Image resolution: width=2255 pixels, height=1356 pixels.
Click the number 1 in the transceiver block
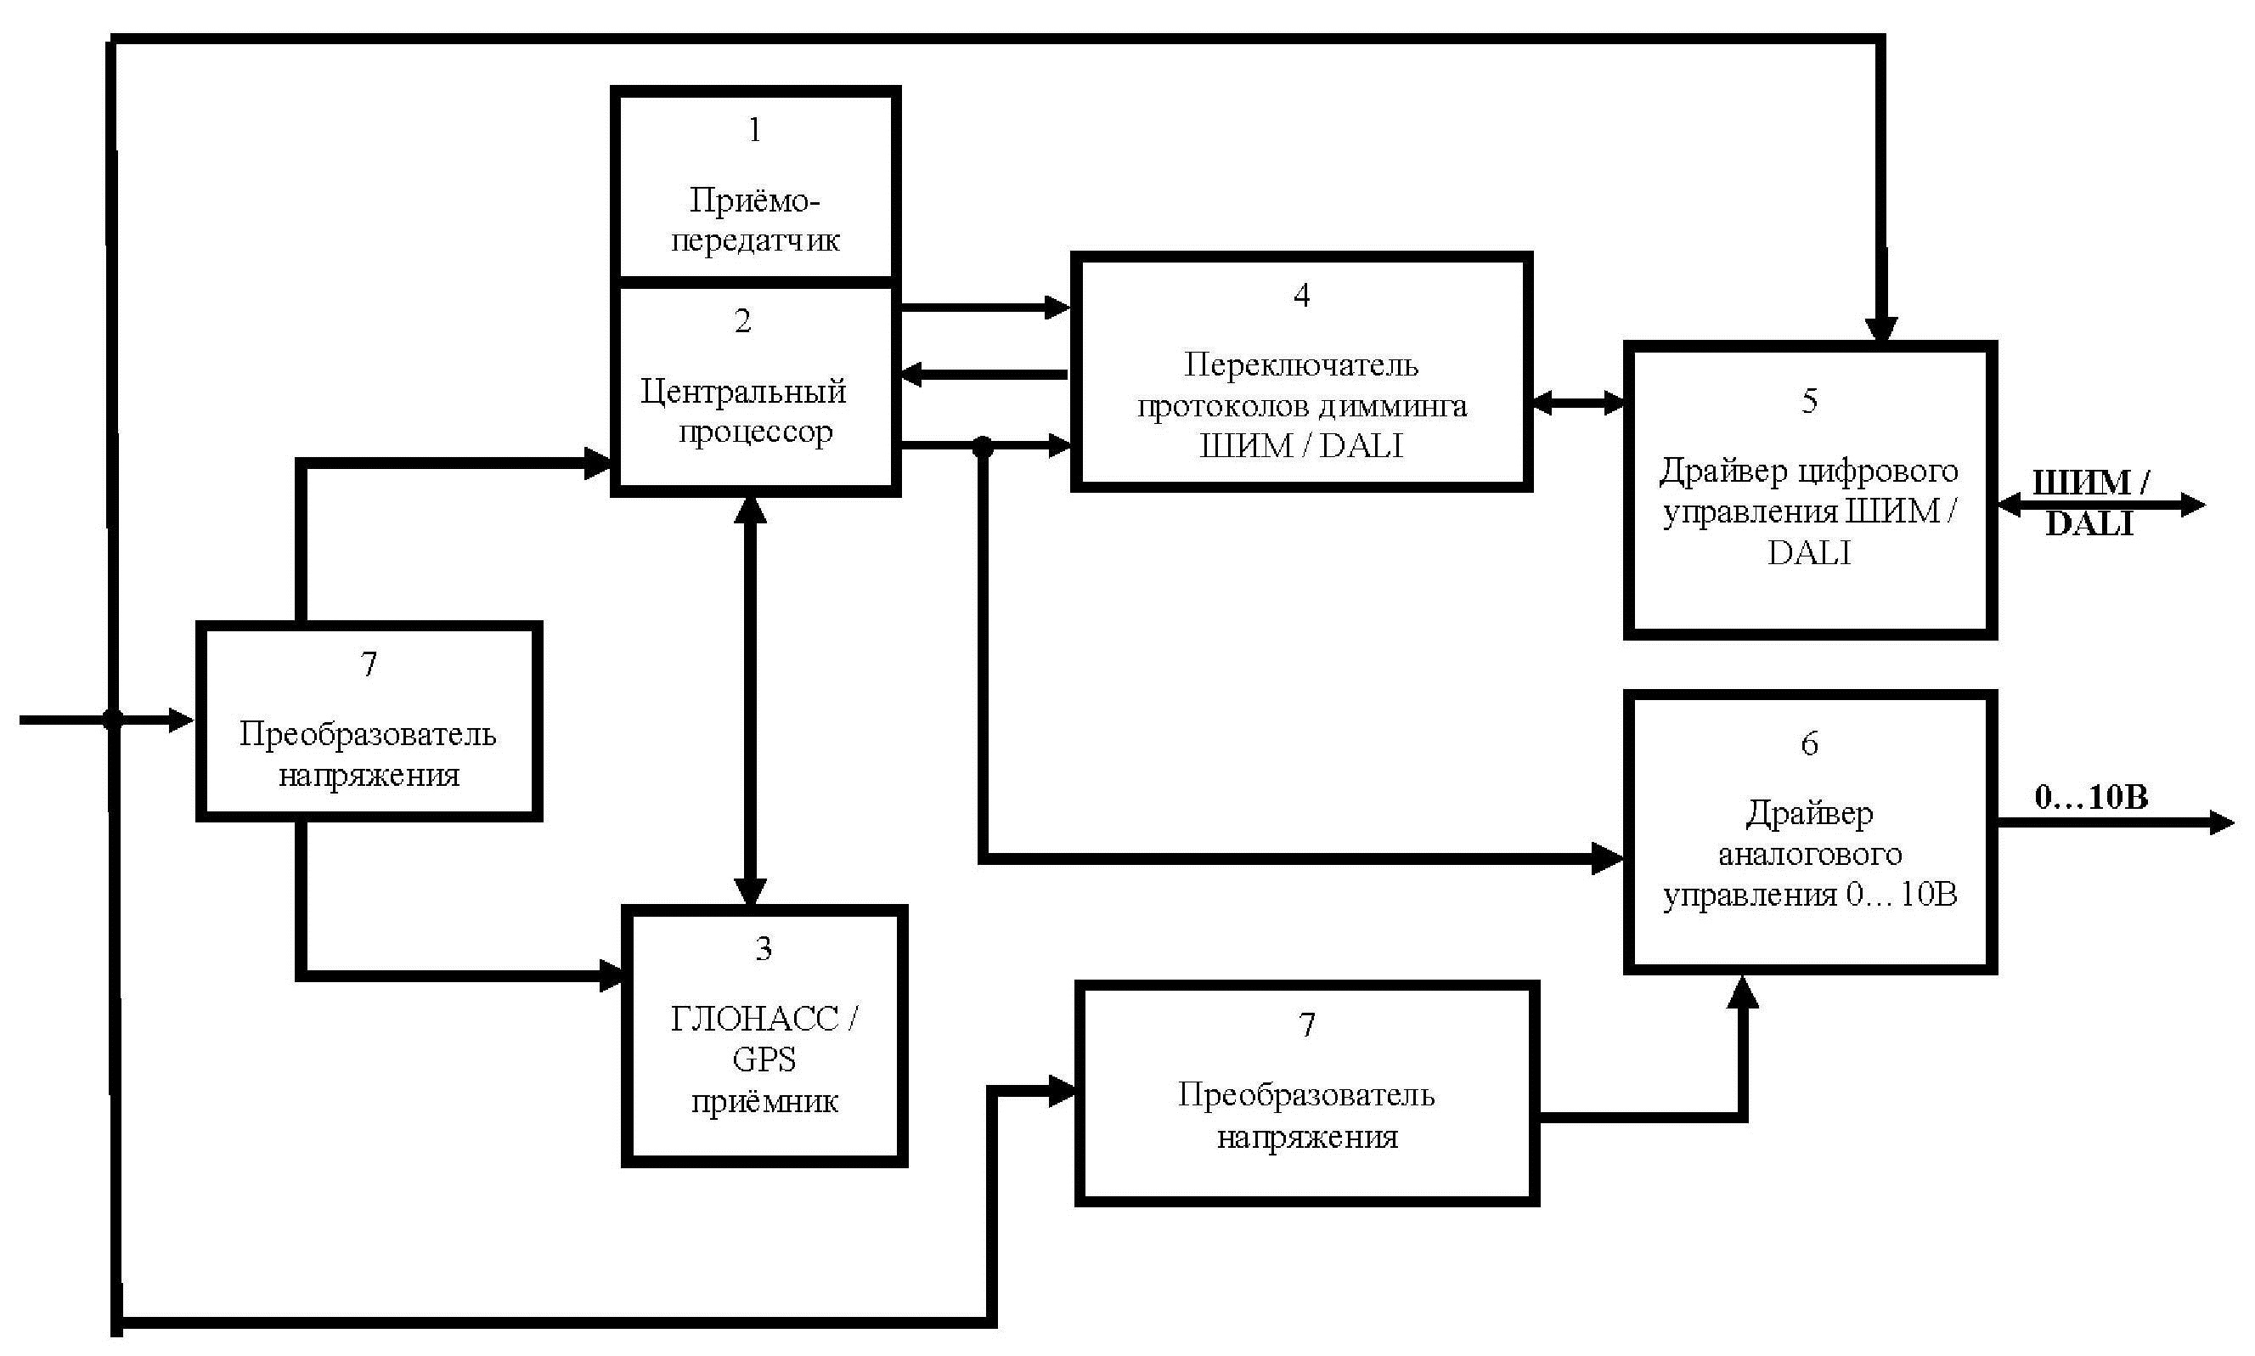point(754,131)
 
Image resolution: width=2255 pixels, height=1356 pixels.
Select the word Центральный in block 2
point(742,391)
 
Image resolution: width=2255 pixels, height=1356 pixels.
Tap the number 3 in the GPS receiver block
point(764,948)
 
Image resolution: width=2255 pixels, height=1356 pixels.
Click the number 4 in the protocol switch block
point(1301,295)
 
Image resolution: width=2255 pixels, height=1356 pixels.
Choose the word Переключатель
point(1301,365)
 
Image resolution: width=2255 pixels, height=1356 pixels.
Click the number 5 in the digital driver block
point(1808,401)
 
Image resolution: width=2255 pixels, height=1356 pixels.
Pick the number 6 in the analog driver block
point(1808,743)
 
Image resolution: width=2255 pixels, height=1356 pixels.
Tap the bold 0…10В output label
point(2090,797)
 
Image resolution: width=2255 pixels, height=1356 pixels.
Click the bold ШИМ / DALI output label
point(2089,503)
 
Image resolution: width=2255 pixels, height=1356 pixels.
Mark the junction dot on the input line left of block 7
point(112,720)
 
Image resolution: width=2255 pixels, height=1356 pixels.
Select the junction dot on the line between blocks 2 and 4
point(982,447)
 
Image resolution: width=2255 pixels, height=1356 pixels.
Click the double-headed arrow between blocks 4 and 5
point(1577,402)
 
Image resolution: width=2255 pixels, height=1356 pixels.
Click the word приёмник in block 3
point(764,1101)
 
